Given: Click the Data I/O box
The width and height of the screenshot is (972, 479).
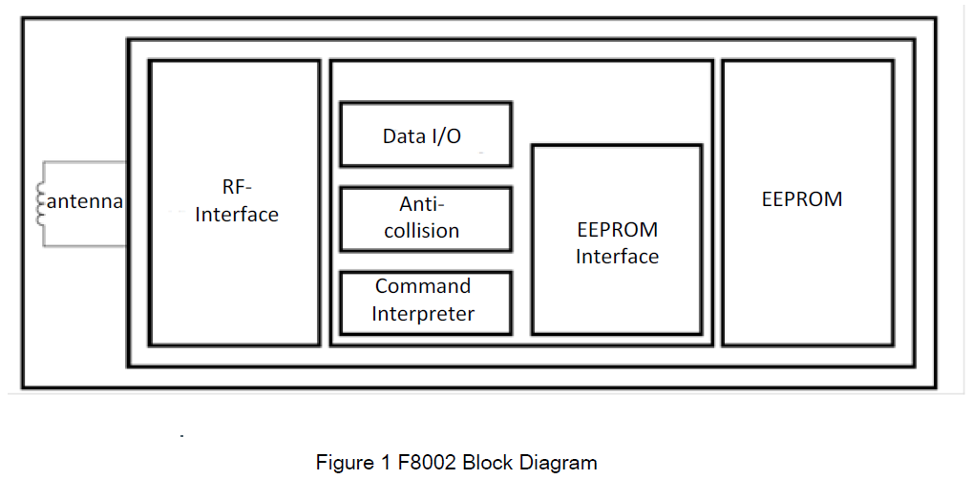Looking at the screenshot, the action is pos(426,135).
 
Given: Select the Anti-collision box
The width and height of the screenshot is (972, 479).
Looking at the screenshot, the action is pos(426,219).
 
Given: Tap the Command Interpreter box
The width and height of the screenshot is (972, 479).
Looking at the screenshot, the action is pos(426,303).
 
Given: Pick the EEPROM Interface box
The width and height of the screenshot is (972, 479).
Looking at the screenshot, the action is pos(617,239).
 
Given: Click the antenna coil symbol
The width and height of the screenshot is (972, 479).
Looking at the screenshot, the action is pos(41,204).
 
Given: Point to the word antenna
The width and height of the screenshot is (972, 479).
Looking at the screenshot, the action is pos(84,201).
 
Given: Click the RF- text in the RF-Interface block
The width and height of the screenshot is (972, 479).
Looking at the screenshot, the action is pos(211,188).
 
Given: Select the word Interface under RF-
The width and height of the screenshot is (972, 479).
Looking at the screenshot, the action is pos(237,215).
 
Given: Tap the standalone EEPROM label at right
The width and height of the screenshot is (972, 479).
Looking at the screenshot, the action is pos(802,199).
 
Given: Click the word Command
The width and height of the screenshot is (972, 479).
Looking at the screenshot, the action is pos(423,286).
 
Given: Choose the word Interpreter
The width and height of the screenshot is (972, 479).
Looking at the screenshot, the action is pos(423,313).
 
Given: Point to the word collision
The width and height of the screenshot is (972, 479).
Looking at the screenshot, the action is pos(421,231).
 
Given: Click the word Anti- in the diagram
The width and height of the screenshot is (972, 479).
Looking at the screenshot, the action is pos(422,204).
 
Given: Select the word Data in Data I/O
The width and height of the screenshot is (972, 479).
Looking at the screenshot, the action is pos(400,136).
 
